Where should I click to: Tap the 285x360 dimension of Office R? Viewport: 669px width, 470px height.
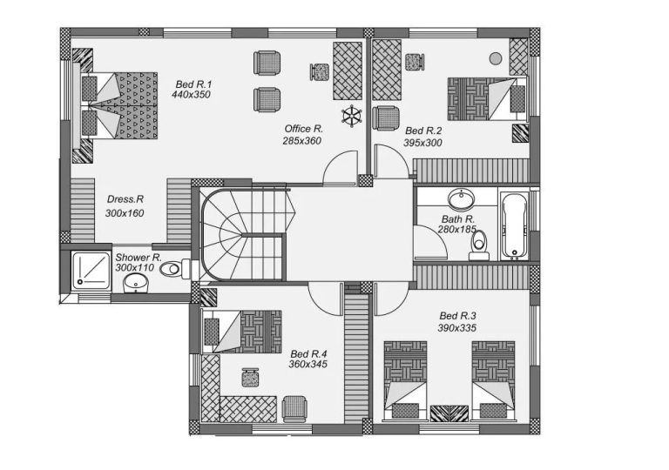click(x=302, y=140)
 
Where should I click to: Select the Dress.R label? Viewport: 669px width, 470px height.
click(x=125, y=199)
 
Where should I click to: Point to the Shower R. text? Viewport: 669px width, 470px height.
click(x=139, y=258)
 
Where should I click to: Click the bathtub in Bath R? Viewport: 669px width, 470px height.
click(x=514, y=225)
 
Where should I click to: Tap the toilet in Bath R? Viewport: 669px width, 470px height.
click(x=478, y=245)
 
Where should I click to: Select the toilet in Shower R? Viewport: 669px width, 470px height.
click(x=173, y=269)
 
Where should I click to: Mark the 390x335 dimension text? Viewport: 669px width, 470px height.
click(x=457, y=328)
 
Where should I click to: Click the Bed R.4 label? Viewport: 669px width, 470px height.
click(x=307, y=353)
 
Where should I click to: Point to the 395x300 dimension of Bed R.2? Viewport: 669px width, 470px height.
click(x=422, y=143)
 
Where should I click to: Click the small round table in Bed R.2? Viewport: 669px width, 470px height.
click(x=495, y=58)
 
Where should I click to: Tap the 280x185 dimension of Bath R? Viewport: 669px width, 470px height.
click(x=457, y=230)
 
